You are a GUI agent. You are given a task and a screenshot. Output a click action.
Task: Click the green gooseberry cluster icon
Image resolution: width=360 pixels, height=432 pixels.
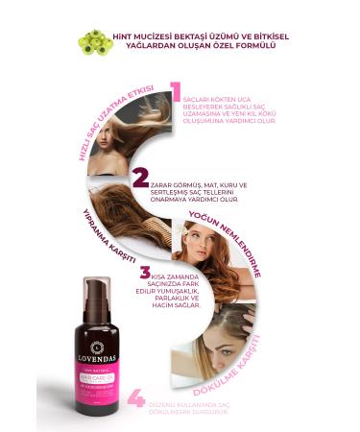[94, 41]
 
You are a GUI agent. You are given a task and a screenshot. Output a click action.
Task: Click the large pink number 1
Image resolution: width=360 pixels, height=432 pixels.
[176, 92]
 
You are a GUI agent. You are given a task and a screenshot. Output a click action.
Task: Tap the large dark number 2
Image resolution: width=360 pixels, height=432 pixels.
[141, 179]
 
